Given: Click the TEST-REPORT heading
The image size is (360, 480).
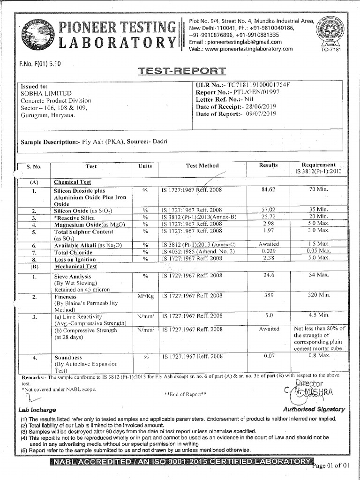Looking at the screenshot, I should pyautogui.click(x=182, y=71).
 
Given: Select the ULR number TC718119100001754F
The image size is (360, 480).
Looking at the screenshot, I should pyautogui.click(x=258, y=85).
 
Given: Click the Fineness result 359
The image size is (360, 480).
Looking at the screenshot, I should pyautogui.click(x=269, y=295).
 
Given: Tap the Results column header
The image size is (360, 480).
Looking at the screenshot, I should pyautogui.click(x=269, y=165).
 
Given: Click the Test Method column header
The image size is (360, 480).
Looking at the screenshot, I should pyautogui.click(x=202, y=166).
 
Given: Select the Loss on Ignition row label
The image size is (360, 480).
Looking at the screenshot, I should pyautogui.click(x=74, y=259).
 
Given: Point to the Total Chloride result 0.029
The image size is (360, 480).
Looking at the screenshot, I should pyautogui.click(x=269, y=252).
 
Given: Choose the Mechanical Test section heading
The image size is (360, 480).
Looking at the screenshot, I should pyautogui.click(x=75, y=266).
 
